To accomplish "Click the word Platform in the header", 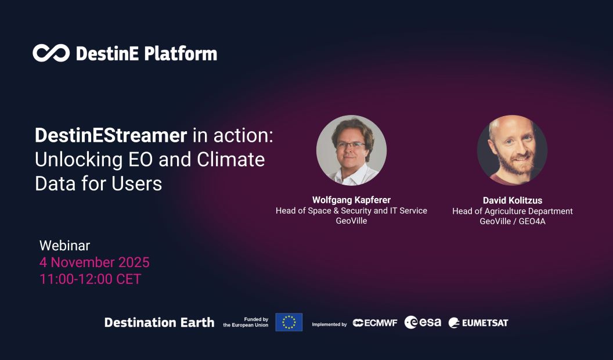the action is click(181, 54).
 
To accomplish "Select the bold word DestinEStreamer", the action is click(111, 135).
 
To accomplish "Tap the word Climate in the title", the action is click(230, 160).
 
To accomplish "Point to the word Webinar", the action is click(64, 246).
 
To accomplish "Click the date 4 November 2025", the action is click(94, 262).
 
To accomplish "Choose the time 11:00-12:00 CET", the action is click(90, 279).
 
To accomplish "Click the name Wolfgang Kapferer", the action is click(351, 200).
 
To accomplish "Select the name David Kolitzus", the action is click(513, 200).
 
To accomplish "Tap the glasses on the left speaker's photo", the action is click(351, 145).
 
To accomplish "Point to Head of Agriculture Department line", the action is click(513, 211).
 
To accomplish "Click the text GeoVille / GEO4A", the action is click(513, 221).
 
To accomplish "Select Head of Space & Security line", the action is click(351, 211).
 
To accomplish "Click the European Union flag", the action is click(289, 322).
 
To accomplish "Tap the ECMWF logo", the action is click(375, 323).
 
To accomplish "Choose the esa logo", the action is click(423, 322).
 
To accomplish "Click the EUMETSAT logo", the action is click(478, 323).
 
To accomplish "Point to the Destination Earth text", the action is click(159, 322).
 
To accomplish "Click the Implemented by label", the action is click(329, 325).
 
